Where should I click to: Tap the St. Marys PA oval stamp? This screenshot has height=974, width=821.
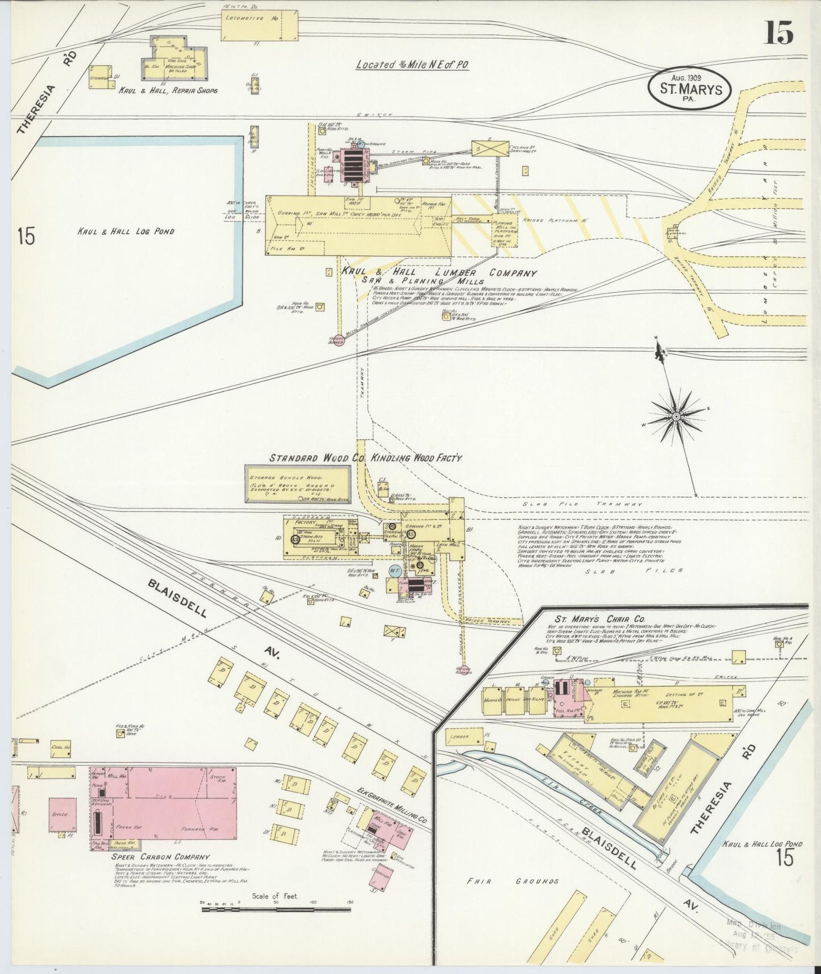coord(690,89)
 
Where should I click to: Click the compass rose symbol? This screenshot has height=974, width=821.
coord(676,417)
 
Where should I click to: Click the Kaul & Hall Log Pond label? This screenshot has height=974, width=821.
coord(126,231)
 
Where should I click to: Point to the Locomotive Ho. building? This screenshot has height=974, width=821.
coord(259,26)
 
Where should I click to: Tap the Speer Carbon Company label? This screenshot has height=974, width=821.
coord(160,856)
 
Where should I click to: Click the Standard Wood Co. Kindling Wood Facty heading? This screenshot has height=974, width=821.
coord(366,457)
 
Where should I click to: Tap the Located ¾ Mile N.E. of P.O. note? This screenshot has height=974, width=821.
coord(412,64)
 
